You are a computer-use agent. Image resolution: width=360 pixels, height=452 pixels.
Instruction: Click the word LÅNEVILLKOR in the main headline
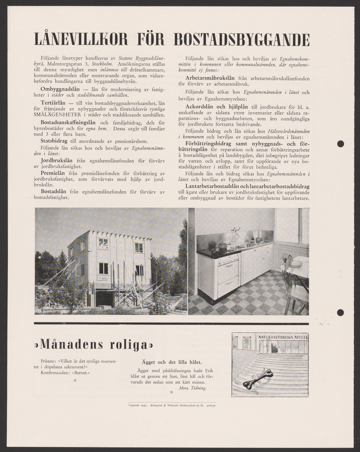[x=81, y=40]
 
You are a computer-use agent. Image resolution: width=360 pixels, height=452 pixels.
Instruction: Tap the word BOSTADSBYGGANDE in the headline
[x=242, y=40]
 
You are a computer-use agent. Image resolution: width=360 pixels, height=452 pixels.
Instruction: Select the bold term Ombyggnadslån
[x=60, y=89]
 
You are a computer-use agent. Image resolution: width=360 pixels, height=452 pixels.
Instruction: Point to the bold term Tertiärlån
[x=53, y=102]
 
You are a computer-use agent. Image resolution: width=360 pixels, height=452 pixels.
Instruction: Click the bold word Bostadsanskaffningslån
[x=69, y=122]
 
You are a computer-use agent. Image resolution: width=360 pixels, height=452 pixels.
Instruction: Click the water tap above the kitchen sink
[x=236, y=230]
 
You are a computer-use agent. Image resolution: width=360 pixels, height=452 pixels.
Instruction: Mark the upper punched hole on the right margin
[x=340, y=144]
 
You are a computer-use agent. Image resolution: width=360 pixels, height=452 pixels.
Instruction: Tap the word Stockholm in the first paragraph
[x=102, y=64]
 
